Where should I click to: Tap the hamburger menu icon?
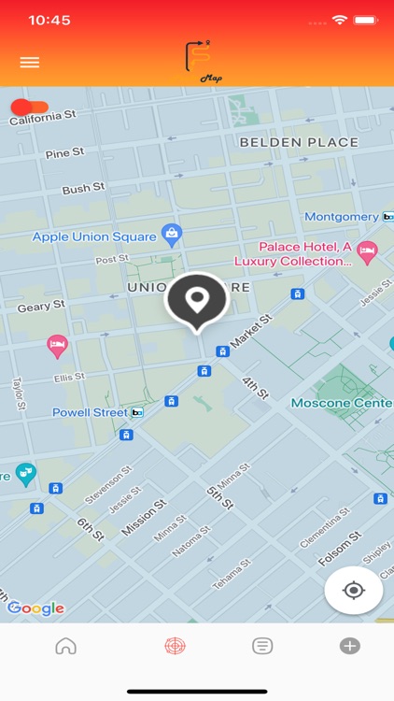tap(30, 63)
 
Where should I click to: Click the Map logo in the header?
tap(203, 61)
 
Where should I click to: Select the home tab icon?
tap(65, 646)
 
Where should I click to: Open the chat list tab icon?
tap(262, 646)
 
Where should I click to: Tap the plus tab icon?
tap(350, 646)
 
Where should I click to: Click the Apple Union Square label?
tap(94, 236)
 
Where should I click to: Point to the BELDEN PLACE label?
tap(299, 142)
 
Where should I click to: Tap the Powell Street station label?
tap(90, 412)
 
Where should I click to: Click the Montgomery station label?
tap(342, 217)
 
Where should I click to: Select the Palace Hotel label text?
tap(304, 254)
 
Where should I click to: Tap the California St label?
tap(42, 117)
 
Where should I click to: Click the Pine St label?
tap(64, 152)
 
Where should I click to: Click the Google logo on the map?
tap(36, 608)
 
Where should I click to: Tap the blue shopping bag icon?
tap(171, 233)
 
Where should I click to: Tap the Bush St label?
tap(83, 189)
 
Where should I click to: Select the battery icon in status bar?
tap(365, 20)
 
